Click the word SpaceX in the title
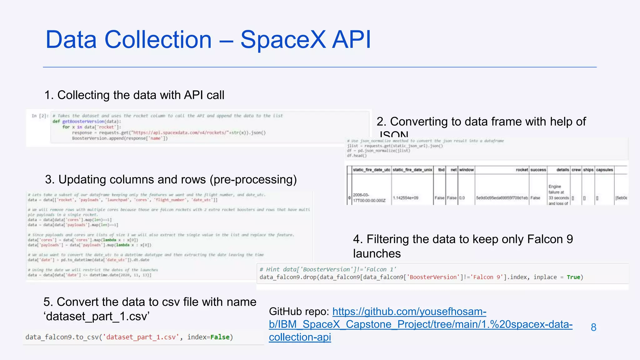(x=283, y=40)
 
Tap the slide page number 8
(x=593, y=327)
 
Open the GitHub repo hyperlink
(x=420, y=324)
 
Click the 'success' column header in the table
(x=538, y=170)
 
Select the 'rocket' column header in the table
(x=522, y=170)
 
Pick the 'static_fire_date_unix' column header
(x=412, y=170)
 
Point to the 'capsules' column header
(x=604, y=170)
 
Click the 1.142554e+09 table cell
(x=405, y=198)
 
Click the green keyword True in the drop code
(x=573, y=277)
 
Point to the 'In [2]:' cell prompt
(x=40, y=116)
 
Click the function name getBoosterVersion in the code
(x=83, y=122)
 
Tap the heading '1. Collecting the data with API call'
(x=134, y=95)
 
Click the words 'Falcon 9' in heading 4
(x=550, y=239)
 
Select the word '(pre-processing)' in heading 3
(x=253, y=180)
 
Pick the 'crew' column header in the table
(x=576, y=170)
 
